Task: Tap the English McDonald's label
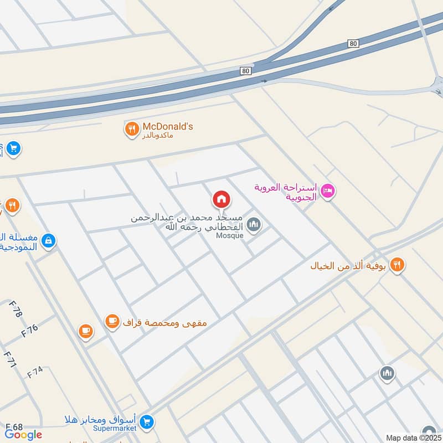point(168,126)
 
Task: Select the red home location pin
point(221,199)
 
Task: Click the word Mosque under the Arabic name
point(229,235)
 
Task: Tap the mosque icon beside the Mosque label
point(254,225)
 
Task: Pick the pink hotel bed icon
point(327,192)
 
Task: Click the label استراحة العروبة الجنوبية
point(285,192)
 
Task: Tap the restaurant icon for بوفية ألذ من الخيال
point(396,265)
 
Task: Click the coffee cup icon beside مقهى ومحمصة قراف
point(112,321)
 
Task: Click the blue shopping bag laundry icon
point(48,241)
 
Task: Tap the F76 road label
point(29,331)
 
